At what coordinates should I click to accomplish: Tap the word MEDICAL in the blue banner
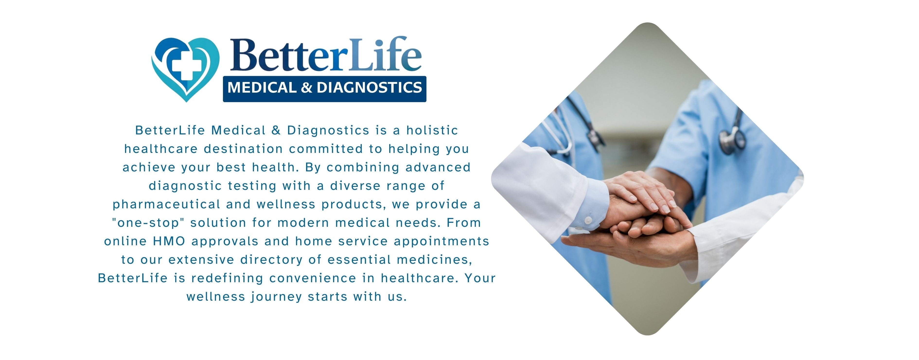pyautogui.click(x=262, y=88)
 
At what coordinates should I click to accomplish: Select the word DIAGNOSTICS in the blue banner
pyautogui.click(x=369, y=88)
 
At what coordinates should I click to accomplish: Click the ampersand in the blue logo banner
pyautogui.click(x=306, y=88)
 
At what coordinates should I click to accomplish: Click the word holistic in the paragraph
pyautogui.click(x=432, y=130)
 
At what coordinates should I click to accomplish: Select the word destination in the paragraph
pyautogui.click(x=243, y=149)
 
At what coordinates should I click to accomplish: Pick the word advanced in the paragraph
pyautogui.click(x=438, y=167)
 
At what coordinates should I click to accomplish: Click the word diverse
pyautogui.click(x=355, y=186)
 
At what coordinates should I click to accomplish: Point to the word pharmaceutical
pyautogui.click(x=167, y=204)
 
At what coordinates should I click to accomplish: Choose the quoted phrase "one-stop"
pyautogui.click(x=148, y=223)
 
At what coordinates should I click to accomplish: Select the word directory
pyautogui.click(x=272, y=260)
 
